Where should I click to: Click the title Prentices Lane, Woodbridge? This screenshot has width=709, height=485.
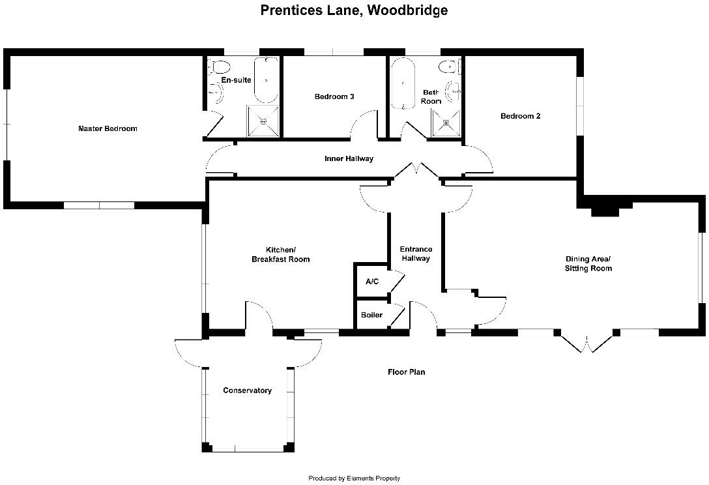click(354, 10)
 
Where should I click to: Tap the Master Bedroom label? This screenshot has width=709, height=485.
click(108, 129)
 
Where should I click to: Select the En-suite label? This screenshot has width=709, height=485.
click(236, 80)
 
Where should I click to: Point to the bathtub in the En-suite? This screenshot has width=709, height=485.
click(266, 81)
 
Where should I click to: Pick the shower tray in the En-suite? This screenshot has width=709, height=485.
click(263, 121)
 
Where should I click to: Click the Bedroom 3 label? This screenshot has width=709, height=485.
click(334, 97)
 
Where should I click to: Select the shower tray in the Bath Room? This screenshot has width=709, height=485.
click(447, 123)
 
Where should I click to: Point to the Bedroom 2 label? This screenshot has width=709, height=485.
click(520, 117)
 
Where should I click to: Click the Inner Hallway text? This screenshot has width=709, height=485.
click(349, 159)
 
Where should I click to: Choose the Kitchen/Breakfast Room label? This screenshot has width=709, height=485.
click(280, 255)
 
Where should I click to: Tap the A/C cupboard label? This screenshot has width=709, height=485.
click(372, 282)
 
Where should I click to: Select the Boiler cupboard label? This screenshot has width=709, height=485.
click(371, 316)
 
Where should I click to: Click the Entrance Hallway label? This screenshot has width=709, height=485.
click(415, 254)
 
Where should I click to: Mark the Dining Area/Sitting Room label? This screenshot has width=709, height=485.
click(588, 263)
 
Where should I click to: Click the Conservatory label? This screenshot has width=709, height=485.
click(247, 391)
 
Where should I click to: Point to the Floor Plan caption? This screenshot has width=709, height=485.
click(406, 372)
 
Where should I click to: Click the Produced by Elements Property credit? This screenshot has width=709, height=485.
click(354, 478)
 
